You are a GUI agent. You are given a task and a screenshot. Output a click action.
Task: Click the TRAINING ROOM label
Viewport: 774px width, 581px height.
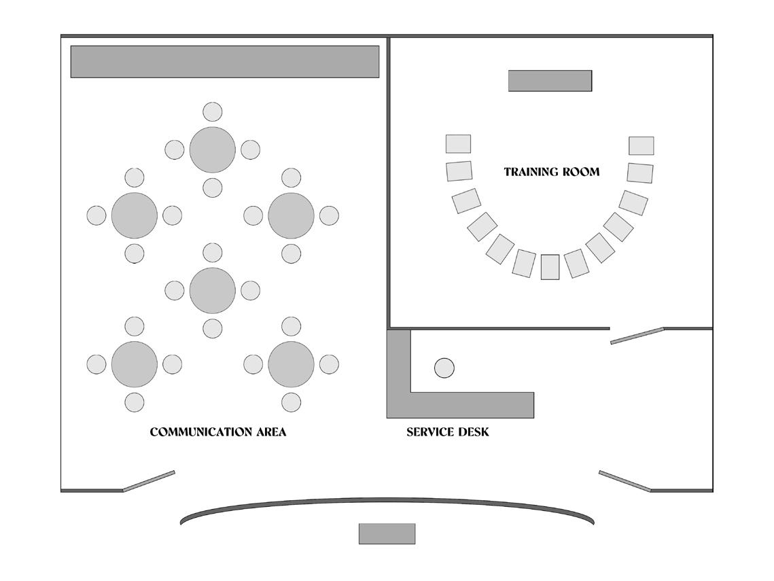[552, 172]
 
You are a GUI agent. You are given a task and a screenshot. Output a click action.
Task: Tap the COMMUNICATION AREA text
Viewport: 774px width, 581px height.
[218, 432]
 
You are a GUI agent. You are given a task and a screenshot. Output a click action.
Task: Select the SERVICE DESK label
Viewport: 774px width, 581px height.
[448, 432]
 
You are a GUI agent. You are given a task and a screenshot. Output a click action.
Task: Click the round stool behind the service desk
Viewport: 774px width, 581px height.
[444, 368]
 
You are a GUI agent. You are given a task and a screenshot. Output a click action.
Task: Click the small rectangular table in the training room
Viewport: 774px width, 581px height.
[550, 81]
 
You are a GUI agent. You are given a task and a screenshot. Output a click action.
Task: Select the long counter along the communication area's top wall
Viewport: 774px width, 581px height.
[225, 62]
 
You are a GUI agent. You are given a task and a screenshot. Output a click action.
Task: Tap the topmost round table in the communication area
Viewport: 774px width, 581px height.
[213, 149]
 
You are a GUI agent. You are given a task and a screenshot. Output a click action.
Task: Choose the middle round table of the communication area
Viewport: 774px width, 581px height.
[213, 290]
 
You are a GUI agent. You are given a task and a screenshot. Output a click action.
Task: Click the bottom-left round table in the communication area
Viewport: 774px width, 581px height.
[135, 364]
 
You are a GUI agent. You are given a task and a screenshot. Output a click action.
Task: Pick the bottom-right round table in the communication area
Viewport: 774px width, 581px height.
[292, 364]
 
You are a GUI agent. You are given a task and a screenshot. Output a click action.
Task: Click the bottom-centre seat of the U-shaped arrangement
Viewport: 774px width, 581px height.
[550, 267]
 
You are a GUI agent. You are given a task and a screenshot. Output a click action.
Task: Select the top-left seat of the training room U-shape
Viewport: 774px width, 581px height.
[458, 144]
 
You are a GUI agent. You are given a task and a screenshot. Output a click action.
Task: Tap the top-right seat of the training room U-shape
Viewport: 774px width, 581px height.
[641, 145]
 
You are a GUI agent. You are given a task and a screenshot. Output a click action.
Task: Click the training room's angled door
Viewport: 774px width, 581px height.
[637, 336]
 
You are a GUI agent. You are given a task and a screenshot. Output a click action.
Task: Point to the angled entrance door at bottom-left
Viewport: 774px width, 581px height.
[149, 480]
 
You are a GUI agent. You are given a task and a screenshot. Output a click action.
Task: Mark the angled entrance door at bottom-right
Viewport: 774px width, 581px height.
[625, 480]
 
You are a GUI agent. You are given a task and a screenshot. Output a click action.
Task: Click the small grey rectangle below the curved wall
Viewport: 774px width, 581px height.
[387, 533]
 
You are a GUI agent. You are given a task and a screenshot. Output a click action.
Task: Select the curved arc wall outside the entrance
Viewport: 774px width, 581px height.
[387, 503]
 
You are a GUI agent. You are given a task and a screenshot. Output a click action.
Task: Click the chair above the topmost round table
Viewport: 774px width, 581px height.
[213, 111]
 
